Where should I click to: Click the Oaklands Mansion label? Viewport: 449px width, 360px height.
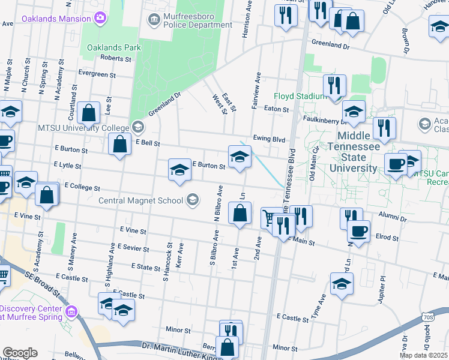tap(56, 19)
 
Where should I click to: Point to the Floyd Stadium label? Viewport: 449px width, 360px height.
tap(300, 96)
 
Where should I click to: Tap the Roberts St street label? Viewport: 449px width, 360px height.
tap(116, 59)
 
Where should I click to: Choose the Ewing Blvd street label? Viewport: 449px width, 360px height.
tap(268, 138)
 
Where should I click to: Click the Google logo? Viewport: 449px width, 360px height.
tap(20, 353)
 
